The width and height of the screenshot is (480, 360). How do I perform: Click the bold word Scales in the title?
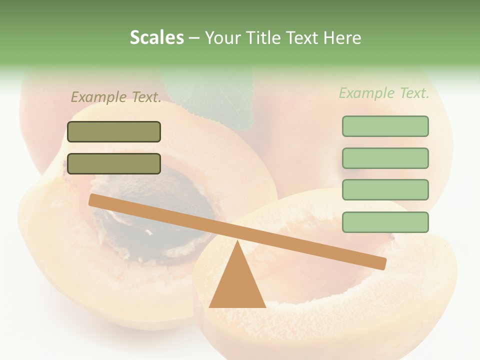[x=156, y=37]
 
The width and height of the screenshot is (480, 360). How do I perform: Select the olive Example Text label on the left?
[x=116, y=97]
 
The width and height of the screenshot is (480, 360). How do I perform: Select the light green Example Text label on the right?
[x=384, y=93]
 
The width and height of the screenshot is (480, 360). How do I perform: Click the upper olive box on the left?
[x=114, y=131]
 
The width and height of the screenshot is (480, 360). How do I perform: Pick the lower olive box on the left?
[x=114, y=163]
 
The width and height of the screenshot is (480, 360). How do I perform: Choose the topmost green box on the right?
[x=385, y=126]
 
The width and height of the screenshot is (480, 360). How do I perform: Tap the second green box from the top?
[x=385, y=158]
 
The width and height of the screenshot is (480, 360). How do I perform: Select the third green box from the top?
[x=385, y=189]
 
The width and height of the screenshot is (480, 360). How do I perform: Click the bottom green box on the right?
[x=385, y=222]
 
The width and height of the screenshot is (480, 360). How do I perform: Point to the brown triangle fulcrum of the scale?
[x=237, y=285]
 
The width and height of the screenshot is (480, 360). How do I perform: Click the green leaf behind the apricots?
[x=215, y=95]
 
